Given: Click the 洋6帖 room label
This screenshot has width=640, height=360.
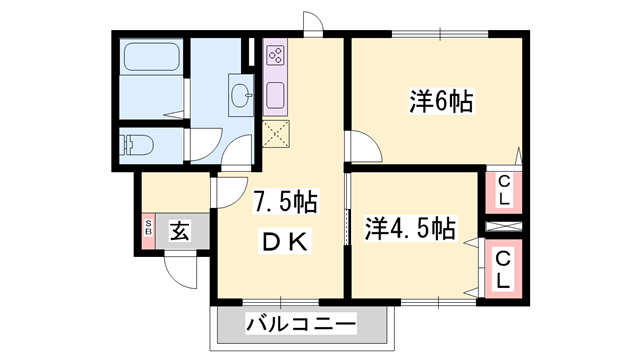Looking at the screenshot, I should tap(440, 102).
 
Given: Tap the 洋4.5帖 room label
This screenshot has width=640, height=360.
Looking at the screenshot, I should tap(409, 228).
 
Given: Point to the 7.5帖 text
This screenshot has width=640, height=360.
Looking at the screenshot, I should tap(284, 203).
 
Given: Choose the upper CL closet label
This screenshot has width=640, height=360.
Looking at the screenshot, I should tap(503, 190).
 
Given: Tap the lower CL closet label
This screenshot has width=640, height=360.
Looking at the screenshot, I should tap(503, 269).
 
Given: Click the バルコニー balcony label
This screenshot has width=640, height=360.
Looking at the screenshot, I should tap(301, 325).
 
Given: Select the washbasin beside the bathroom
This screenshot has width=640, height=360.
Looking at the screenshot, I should tap(240, 96).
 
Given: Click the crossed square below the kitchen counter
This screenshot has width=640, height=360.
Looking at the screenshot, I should tap(276, 132).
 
